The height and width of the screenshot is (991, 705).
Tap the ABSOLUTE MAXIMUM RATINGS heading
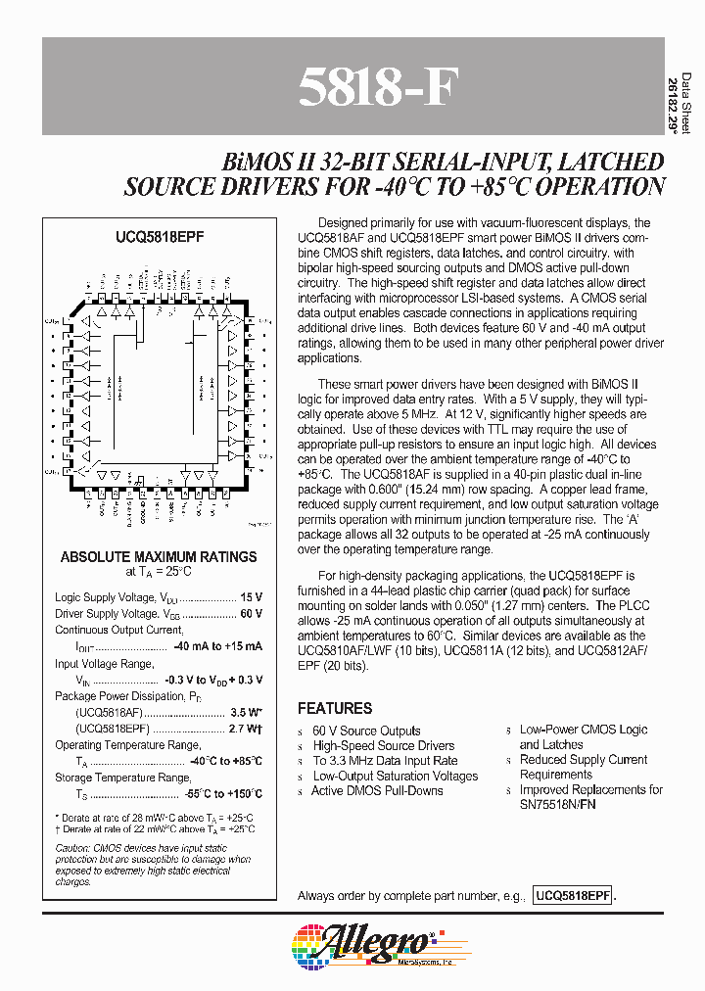pyautogui.click(x=159, y=556)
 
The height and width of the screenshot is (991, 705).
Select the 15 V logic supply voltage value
pyautogui.click(x=251, y=596)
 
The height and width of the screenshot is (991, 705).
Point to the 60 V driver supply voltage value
pyautogui.click(x=251, y=613)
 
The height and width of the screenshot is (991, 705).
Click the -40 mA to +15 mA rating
pyautogui.click(x=217, y=646)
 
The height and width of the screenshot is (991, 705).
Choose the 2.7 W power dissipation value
pyautogui.click(x=245, y=729)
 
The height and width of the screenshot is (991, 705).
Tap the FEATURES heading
pyautogui.click(x=335, y=708)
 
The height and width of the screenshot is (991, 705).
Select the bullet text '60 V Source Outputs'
pyautogui.click(x=366, y=731)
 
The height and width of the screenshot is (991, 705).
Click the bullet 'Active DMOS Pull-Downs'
pyautogui.click(x=377, y=790)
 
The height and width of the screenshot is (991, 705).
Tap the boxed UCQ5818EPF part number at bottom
pyautogui.click(x=573, y=896)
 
